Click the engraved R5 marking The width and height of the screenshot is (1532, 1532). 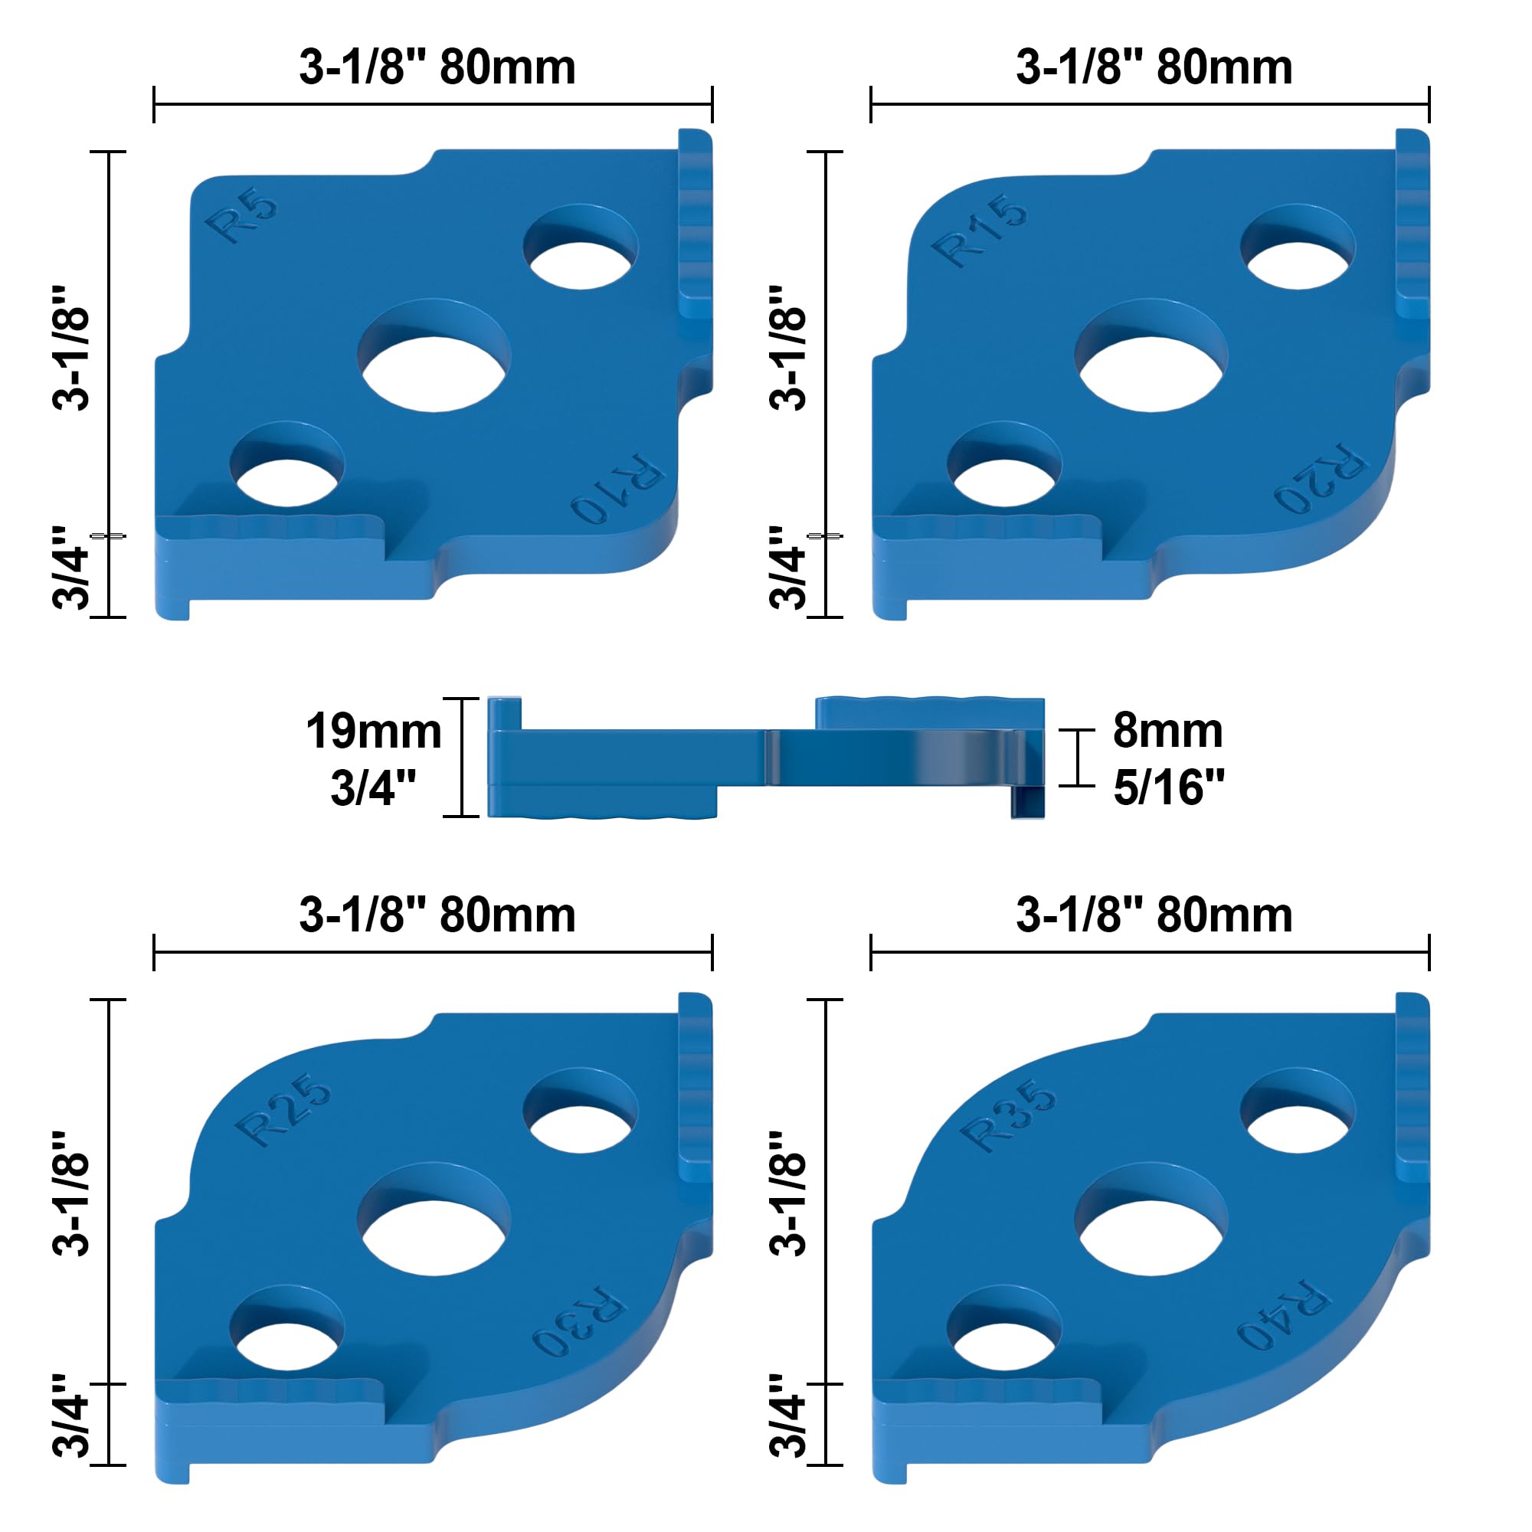click(x=241, y=217)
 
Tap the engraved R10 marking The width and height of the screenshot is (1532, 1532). click(x=617, y=489)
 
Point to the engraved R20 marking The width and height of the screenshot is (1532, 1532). click(x=1320, y=477)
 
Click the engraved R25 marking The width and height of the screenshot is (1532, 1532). click(x=284, y=1109)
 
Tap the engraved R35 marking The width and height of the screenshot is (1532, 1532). click(x=1008, y=1115)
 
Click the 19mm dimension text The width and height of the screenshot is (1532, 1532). click(x=374, y=731)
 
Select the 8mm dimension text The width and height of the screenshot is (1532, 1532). click(x=1167, y=730)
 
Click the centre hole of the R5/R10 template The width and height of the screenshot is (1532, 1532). click(x=434, y=367)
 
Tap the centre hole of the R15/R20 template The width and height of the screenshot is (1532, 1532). click(x=1151, y=367)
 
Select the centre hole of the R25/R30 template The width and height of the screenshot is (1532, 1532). click(x=434, y=1231)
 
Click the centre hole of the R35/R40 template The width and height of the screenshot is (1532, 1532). click(x=1151, y=1231)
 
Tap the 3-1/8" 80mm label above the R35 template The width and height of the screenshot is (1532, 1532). click(x=1154, y=915)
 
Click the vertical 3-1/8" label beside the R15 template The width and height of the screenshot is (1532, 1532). click(x=788, y=348)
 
